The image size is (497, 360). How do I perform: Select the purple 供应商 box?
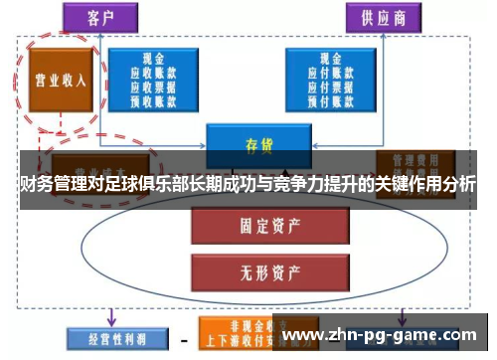pos(383,17)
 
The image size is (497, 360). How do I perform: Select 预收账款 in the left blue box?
pos(153,98)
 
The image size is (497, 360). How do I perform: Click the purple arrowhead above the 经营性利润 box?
pos(108,320)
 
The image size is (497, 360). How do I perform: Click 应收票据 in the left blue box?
pos(153,86)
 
